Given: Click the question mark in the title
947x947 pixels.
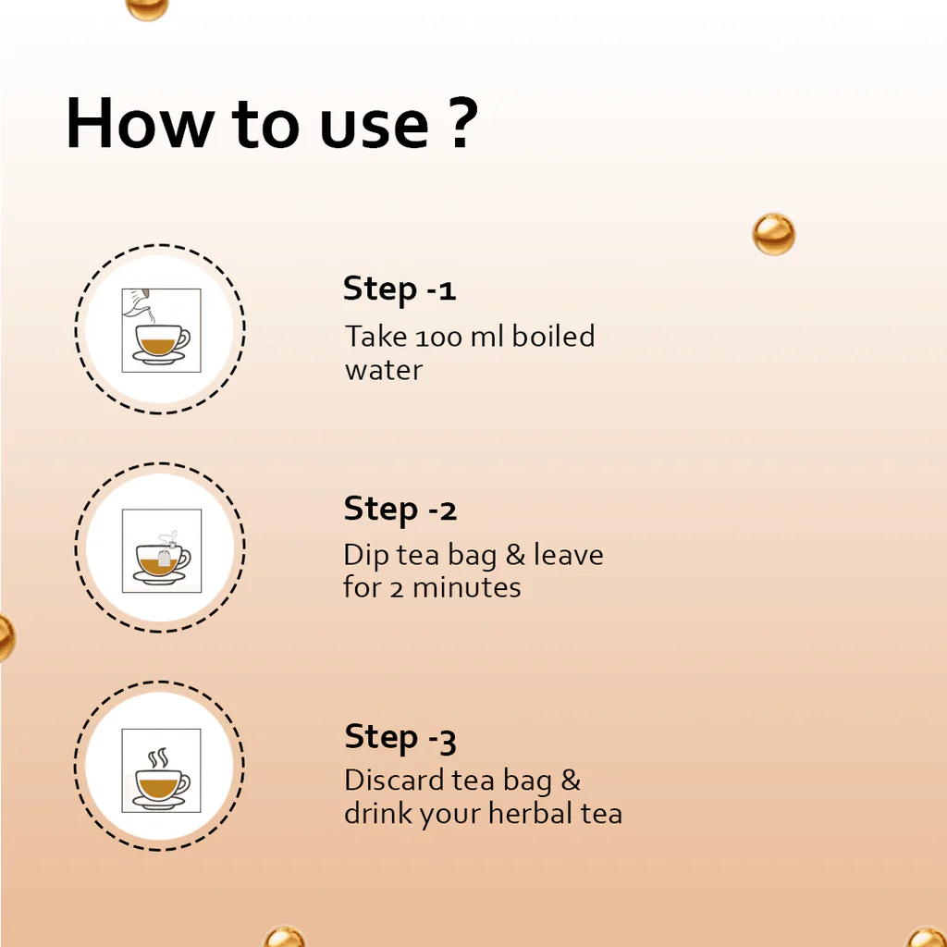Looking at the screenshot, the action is (463, 123).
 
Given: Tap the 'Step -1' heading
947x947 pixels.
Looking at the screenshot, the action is (400, 289).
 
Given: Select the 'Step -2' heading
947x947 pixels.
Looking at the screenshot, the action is (400, 510).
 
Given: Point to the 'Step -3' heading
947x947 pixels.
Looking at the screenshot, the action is (400, 737).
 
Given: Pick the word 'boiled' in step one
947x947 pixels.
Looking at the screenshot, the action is (553, 336).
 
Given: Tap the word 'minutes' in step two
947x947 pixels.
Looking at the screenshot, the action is (466, 587).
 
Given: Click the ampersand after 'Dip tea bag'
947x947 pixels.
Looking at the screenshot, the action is (515, 555).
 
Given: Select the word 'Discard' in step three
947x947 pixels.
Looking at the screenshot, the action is (394, 780).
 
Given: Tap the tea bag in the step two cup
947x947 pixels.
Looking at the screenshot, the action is (165, 558).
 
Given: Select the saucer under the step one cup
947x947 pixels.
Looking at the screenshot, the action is (159, 358).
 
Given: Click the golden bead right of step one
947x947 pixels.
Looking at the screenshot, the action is (774, 234).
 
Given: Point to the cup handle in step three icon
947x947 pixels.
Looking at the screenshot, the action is (184, 782).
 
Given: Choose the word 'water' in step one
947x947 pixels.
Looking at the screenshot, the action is (383, 370).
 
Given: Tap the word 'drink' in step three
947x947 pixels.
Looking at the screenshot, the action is (379, 813).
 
